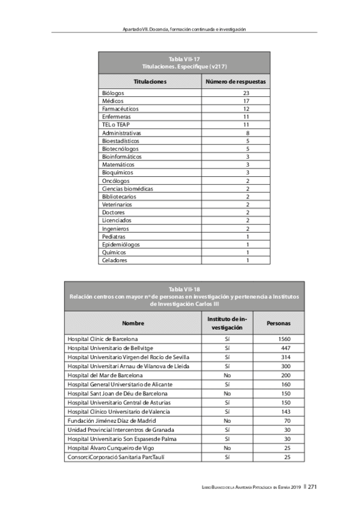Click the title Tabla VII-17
[184, 60]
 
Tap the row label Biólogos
[113, 93]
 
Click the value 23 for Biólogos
[246, 93]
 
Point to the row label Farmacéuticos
[120, 109]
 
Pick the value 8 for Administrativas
[247, 133]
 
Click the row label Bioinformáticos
[121, 156]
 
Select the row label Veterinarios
[117, 204]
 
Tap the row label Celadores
[115, 260]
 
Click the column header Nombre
[133, 324]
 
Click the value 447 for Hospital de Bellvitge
[287, 349]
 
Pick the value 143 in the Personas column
[287, 411]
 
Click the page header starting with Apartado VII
[184, 29]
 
